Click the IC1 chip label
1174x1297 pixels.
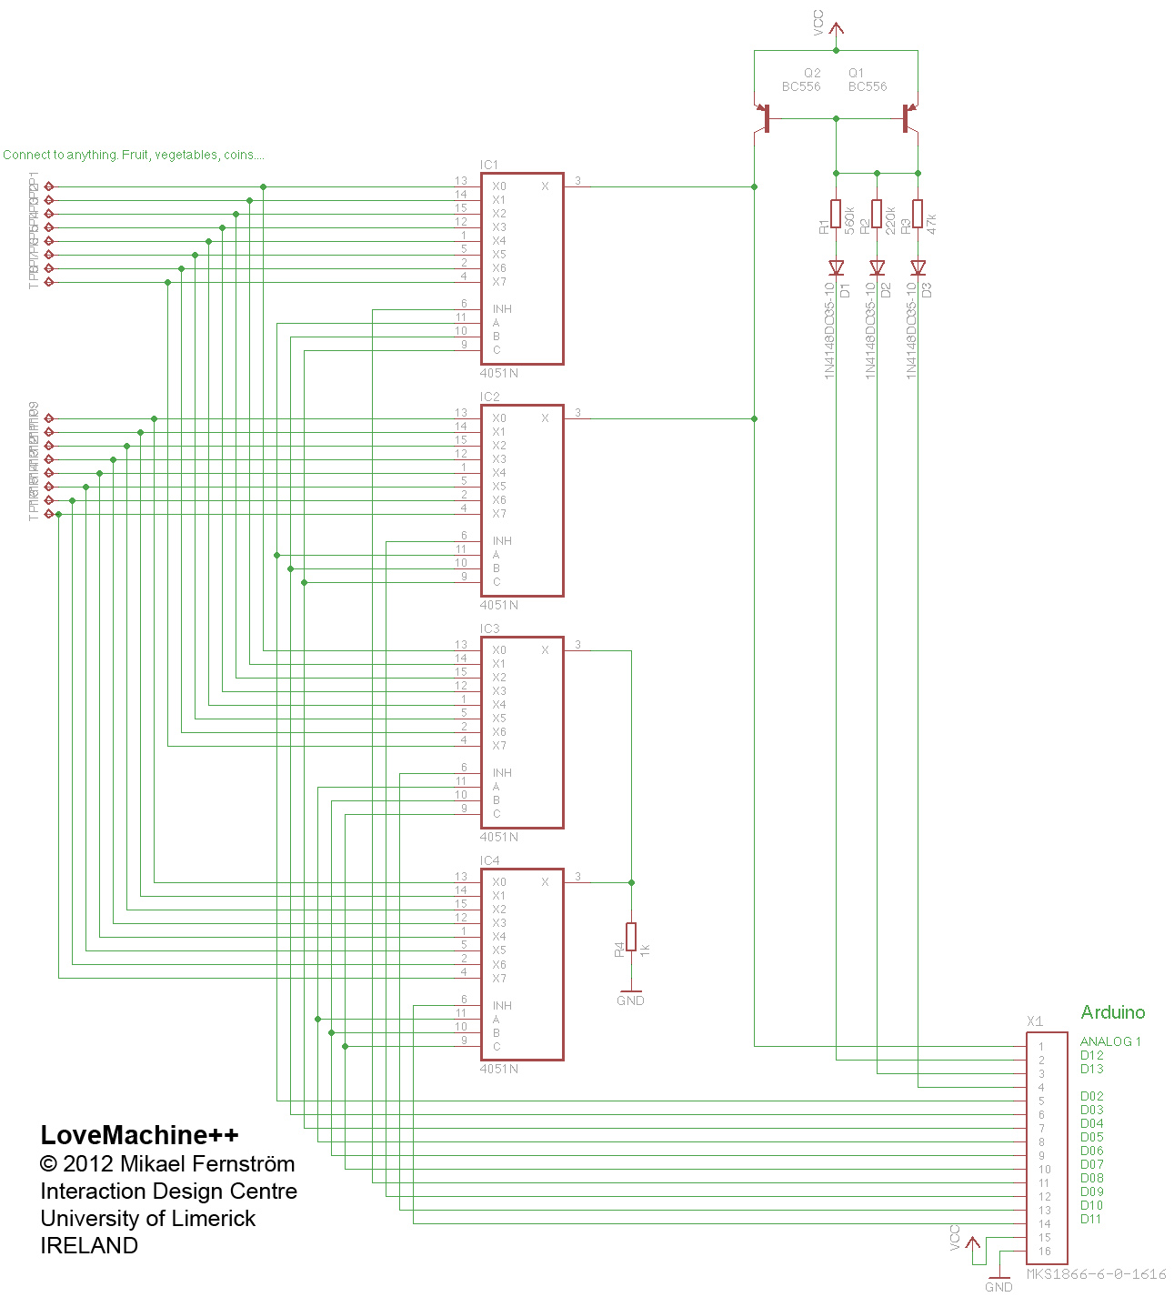click(489, 165)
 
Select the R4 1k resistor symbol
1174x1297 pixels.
click(631, 937)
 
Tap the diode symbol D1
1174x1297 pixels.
click(836, 267)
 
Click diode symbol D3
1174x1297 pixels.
click(918, 267)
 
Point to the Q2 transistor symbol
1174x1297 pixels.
click(764, 118)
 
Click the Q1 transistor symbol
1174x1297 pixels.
click(908, 118)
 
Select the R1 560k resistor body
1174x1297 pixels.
click(836, 214)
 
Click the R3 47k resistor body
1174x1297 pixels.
click(918, 214)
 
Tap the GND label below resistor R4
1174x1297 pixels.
click(630, 1000)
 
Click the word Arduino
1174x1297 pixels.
click(1112, 1012)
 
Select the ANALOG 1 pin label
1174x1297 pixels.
click(1109, 1041)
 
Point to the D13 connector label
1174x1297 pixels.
click(1091, 1069)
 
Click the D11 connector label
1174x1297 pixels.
click(1091, 1219)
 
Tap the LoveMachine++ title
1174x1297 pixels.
click(139, 1135)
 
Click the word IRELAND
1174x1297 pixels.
click(89, 1245)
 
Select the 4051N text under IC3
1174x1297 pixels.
click(499, 837)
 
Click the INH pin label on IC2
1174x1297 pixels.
click(502, 541)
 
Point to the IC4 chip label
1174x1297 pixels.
click(489, 860)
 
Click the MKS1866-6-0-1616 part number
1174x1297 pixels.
click(1096, 1274)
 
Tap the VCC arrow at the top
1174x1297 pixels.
click(836, 29)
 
